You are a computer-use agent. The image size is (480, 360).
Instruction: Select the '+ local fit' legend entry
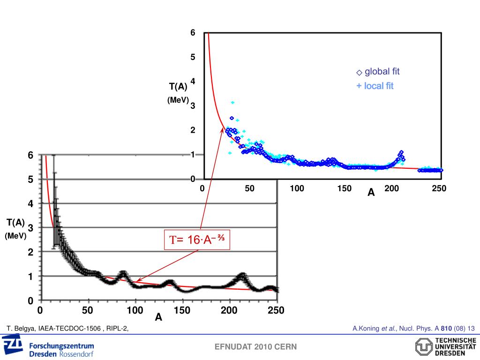point(375,86)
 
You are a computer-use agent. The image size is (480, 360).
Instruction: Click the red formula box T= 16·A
point(197,240)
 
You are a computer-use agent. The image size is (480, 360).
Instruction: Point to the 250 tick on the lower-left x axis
point(276,310)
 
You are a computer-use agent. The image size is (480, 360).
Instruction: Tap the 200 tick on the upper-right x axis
point(391,188)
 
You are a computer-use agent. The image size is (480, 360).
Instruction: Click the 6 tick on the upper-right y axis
point(193,33)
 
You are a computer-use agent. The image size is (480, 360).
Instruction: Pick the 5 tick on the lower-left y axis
point(30,180)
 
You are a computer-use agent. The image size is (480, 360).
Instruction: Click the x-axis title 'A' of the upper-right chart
point(371,193)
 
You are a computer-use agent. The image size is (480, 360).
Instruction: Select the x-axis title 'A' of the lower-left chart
point(158,318)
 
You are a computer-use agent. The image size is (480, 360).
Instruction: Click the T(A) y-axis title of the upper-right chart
point(178,86)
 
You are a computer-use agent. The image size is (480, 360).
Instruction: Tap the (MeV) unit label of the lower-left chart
point(15,236)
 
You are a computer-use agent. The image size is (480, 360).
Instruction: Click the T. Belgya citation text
point(67,329)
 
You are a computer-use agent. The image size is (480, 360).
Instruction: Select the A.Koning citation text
point(413,328)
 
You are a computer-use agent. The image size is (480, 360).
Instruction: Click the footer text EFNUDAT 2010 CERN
point(255,347)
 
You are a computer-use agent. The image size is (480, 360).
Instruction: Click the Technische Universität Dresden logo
point(445,347)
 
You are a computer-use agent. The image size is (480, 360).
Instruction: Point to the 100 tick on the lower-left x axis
point(135,310)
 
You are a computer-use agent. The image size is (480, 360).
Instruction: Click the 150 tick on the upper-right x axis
point(344,188)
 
